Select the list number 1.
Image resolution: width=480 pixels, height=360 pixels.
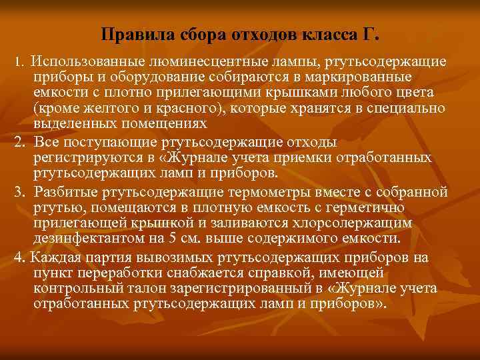pos(19,62)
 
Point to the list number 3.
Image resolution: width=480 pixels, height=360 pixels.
pos(20,193)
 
